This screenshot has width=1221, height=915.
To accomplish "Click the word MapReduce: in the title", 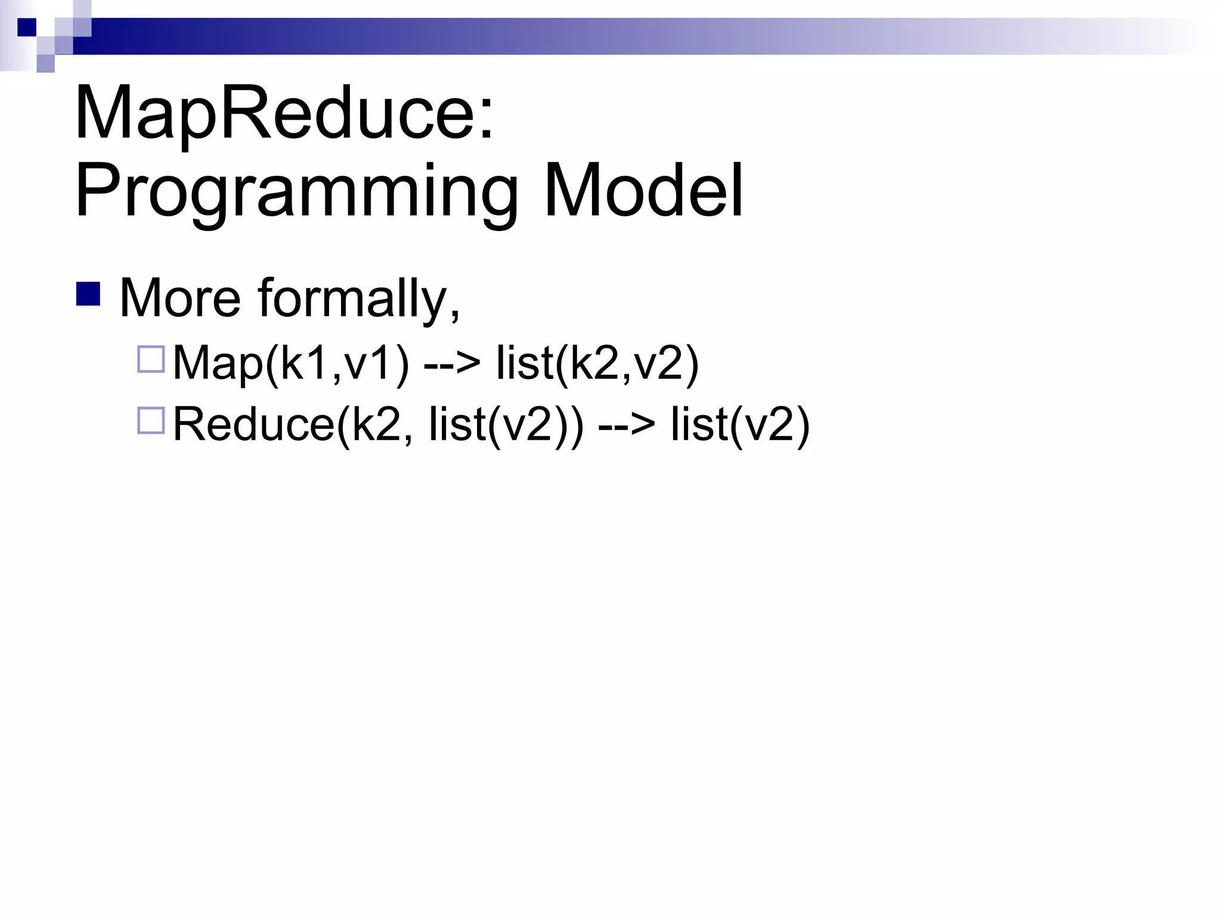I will click(x=283, y=113).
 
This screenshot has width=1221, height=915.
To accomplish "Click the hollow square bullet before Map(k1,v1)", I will click(x=150, y=360).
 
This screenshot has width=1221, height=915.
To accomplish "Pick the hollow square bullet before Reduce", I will click(x=150, y=421).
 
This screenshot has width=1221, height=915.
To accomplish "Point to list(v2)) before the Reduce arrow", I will click(x=507, y=424).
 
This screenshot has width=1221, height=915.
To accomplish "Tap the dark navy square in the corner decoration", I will click(x=26, y=27).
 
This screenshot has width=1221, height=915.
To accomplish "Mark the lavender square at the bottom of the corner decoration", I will click(x=45, y=63).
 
